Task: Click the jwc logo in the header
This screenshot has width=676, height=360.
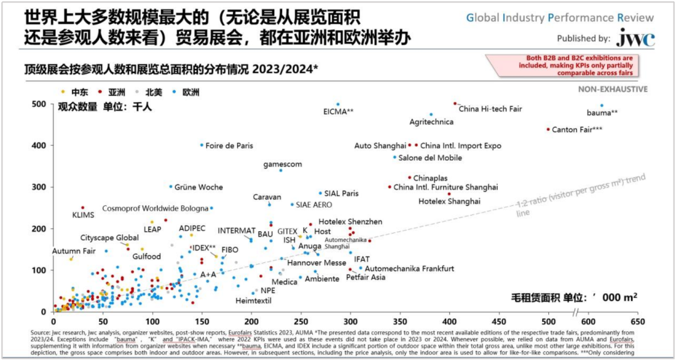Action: [x=635, y=39]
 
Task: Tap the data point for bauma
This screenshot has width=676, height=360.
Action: [x=602, y=106]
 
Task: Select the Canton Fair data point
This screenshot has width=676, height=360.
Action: [x=548, y=130]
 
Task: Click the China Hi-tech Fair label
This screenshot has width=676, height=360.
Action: [x=490, y=109]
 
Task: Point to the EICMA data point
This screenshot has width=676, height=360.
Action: [x=338, y=105]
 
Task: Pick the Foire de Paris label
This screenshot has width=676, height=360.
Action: [x=229, y=145]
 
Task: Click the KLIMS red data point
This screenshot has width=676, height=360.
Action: [x=83, y=208]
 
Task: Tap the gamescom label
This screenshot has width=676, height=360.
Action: [x=282, y=164]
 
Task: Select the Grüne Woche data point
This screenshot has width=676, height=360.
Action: [x=171, y=186]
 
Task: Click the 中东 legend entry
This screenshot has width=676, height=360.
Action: [x=79, y=92]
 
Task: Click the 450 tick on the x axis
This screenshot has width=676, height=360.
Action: [x=499, y=320]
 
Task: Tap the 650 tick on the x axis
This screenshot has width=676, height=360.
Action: [x=637, y=320]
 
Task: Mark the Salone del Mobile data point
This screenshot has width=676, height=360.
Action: [x=395, y=157]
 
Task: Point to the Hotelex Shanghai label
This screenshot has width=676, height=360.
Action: [x=449, y=202]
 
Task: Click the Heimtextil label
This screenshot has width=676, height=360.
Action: [x=236, y=301]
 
